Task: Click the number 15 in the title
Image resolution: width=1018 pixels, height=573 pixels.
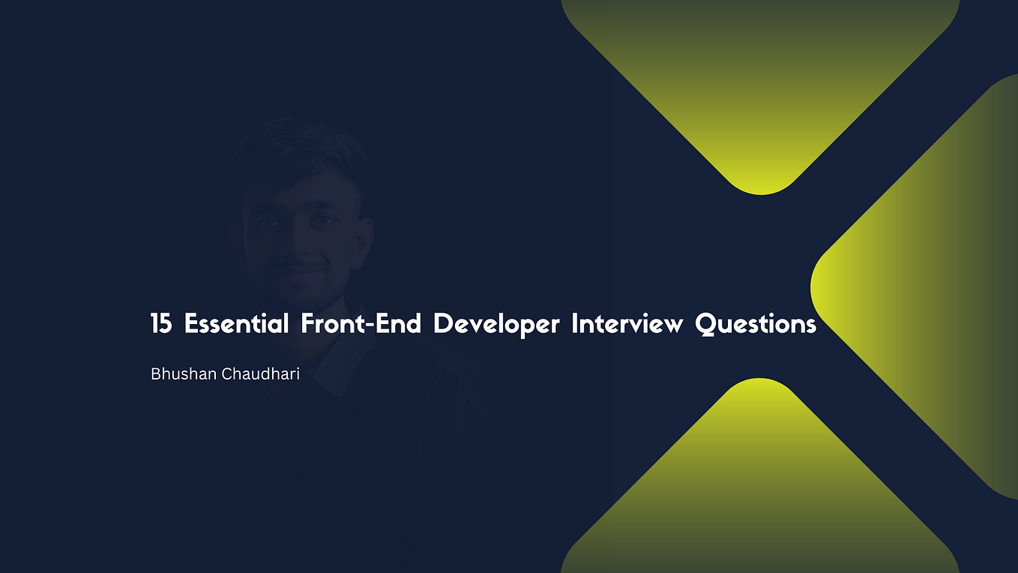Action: pyautogui.click(x=161, y=324)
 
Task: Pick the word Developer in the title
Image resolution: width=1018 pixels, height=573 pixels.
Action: pyautogui.click(x=496, y=325)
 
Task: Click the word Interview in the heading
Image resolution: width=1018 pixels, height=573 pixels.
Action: pyautogui.click(x=627, y=324)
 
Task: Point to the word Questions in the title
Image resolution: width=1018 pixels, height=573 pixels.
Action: pyautogui.click(x=756, y=324)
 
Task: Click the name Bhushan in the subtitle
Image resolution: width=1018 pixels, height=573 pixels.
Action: pyautogui.click(x=184, y=373)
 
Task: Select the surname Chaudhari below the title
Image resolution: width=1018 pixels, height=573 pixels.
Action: pyautogui.click(x=260, y=373)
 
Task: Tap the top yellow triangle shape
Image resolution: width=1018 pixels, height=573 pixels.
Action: pyautogui.click(x=759, y=82)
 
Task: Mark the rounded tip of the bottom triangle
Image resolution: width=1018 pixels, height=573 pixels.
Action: pyautogui.click(x=759, y=385)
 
